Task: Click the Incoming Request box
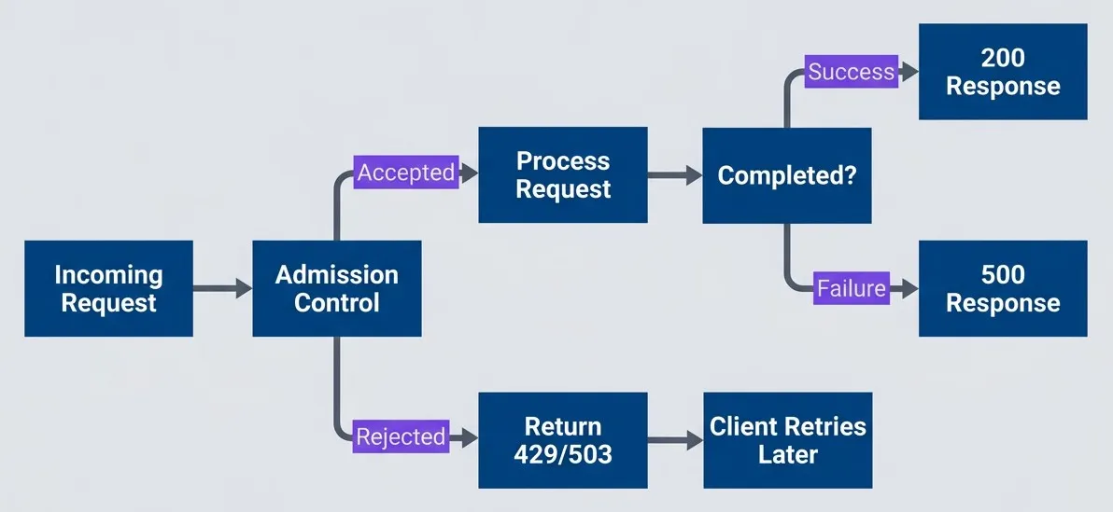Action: click(x=108, y=288)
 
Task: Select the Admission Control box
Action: click(x=336, y=288)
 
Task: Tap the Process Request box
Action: click(x=562, y=175)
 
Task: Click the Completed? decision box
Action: click(x=786, y=175)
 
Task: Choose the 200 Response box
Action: click(x=1003, y=72)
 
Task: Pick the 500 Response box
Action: click(x=1003, y=288)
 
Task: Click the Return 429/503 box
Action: click(x=562, y=440)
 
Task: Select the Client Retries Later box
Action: click(x=787, y=440)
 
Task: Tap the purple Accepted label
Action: click(x=406, y=173)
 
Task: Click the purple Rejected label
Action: click(x=401, y=436)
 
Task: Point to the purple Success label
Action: click(x=851, y=72)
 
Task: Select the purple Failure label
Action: click(x=851, y=288)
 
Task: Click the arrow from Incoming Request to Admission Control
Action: click(x=222, y=288)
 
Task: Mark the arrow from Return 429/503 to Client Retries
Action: click(x=675, y=440)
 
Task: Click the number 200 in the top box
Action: click(x=1003, y=58)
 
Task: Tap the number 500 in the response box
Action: click(x=1003, y=274)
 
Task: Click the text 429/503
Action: click(x=562, y=454)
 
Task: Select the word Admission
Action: click(x=336, y=274)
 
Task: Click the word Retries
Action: click(x=826, y=426)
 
